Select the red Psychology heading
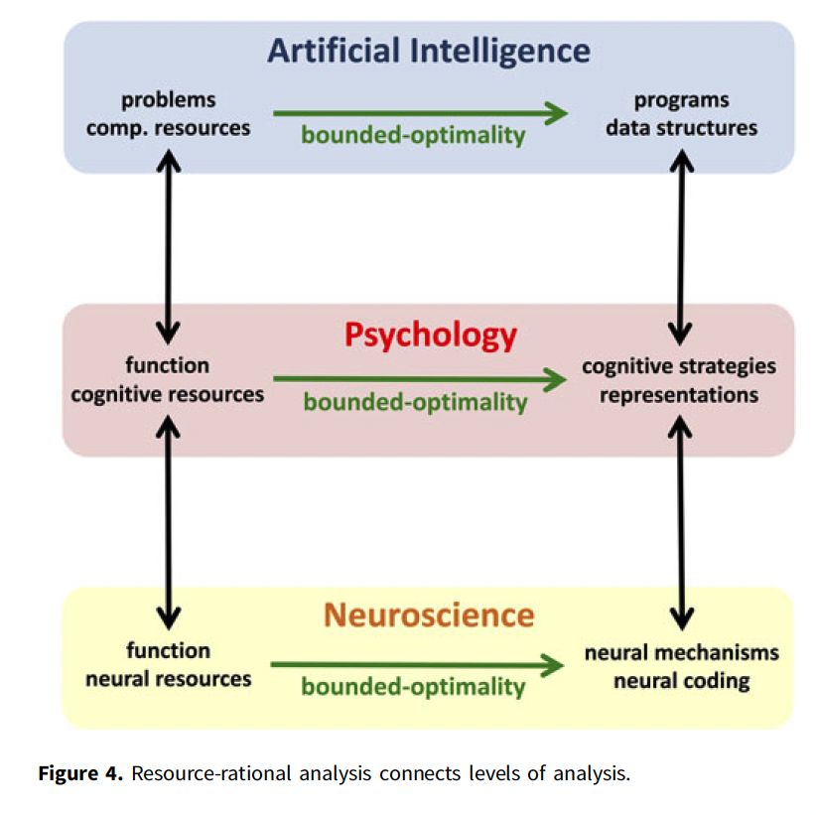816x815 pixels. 430,335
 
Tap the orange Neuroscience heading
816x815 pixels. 429,614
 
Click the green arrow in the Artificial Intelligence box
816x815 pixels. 420,113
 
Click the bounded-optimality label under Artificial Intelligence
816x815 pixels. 413,135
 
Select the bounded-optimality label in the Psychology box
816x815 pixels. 415,402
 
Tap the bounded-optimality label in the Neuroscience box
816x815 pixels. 413,686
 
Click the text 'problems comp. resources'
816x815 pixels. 169,114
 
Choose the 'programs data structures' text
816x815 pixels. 681,114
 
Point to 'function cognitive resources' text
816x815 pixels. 168,380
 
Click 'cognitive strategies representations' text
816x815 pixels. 679,380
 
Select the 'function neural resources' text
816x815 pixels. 168,664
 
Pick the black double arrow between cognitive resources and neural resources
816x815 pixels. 169,517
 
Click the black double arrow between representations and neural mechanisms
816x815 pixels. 681,517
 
